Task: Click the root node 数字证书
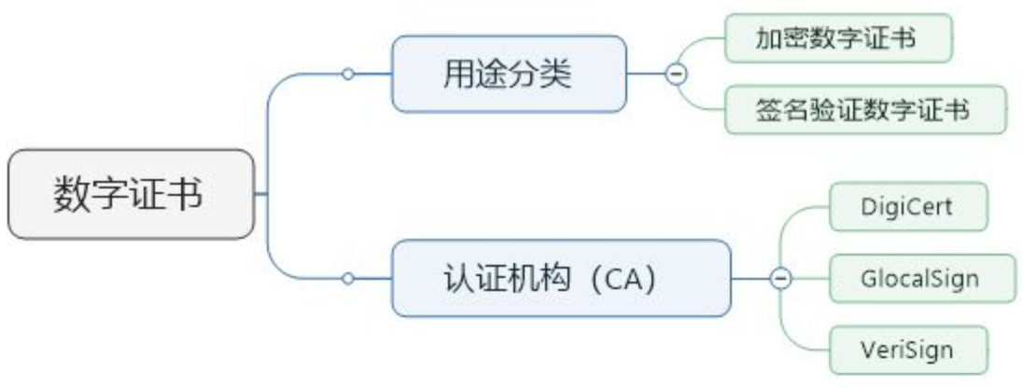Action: click(130, 195)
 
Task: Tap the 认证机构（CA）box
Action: click(559, 278)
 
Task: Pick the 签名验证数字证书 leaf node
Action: click(864, 110)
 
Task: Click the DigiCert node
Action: click(907, 206)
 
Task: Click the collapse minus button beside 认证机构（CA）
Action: click(780, 278)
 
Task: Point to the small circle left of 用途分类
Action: click(348, 74)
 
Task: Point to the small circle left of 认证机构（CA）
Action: click(348, 278)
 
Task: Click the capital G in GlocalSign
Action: click(867, 278)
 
